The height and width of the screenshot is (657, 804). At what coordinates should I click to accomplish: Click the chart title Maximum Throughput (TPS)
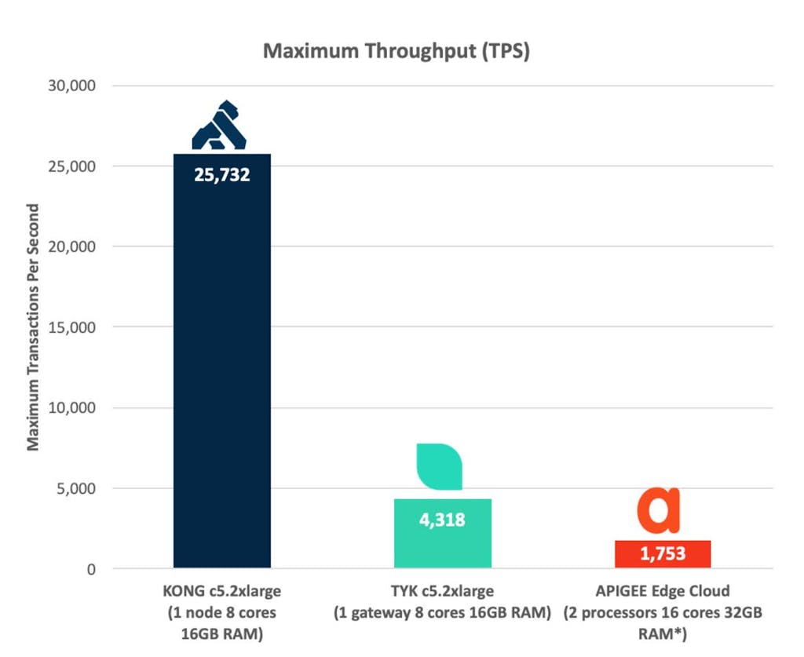click(397, 52)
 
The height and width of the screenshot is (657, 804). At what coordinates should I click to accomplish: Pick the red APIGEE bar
click(662, 554)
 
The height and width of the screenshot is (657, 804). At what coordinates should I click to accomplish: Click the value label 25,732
click(222, 175)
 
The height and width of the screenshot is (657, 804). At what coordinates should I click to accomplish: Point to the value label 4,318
click(441, 520)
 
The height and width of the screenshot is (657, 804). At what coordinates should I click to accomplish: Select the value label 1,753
click(663, 554)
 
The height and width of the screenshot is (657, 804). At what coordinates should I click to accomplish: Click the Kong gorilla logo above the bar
click(219, 127)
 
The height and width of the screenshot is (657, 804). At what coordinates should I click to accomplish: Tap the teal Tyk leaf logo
click(440, 466)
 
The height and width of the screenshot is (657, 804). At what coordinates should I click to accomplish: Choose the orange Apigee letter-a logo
click(658, 511)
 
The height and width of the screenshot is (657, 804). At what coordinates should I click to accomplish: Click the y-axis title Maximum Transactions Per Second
click(33, 327)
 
